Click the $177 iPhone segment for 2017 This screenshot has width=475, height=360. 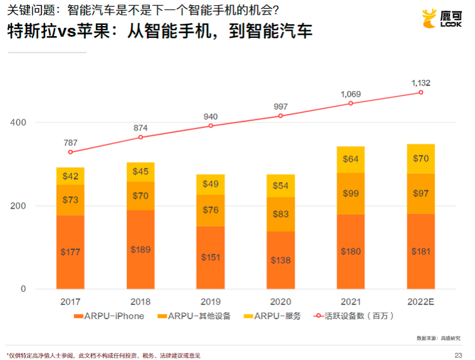[x=71, y=252]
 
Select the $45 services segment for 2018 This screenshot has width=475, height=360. [x=141, y=172]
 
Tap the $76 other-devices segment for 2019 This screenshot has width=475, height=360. [x=211, y=210]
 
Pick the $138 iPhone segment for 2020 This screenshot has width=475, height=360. [x=280, y=260]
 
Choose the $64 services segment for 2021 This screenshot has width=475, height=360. [x=350, y=159]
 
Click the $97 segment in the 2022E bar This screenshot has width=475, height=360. [x=420, y=193]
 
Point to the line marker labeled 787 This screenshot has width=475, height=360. [x=71, y=152]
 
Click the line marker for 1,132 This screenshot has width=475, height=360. [x=421, y=93]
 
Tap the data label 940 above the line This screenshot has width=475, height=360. [x=211, y=116]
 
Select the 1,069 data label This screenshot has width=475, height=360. [x=350, y=94]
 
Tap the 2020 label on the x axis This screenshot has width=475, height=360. [x=280, y=301]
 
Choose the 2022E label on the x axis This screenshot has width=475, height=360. [x=420, y=301]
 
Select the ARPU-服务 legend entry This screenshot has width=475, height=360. [x=273, y=316]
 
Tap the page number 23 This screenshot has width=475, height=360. [x=458, y=355]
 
